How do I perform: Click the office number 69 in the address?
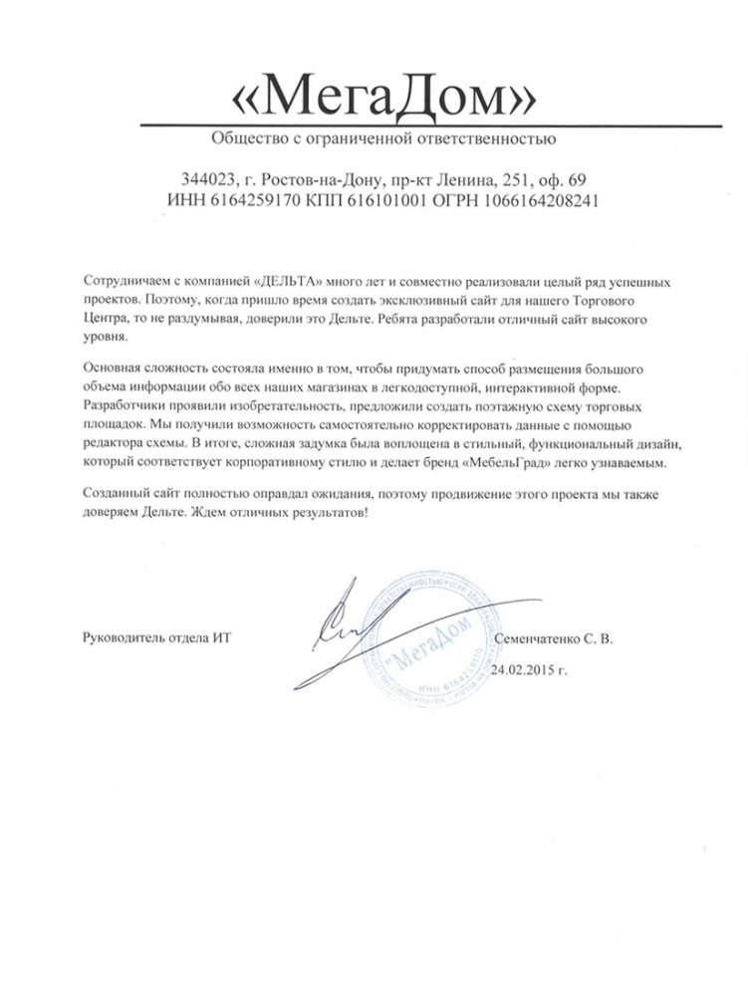pyautogui.click(x=578, y=179)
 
